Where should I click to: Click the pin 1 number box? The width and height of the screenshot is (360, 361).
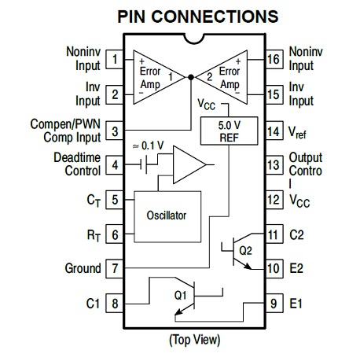(x=114, y=60)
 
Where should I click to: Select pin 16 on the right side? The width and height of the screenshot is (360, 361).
(x=274, y=60)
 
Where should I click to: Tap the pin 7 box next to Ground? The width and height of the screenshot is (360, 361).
(x=114, y=268)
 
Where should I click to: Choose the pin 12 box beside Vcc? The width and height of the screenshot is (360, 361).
(x=274, y=200)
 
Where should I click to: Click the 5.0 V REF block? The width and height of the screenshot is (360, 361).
(x=229, y=131)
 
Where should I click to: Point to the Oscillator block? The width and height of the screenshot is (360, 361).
(x=167, y=216)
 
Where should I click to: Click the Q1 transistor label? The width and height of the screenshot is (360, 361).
(x=180, y=296)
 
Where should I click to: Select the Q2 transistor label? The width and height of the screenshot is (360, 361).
(x=245, y=251)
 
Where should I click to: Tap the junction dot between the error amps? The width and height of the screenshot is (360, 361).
(x=191, y=77)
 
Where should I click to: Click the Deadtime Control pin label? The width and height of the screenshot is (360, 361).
(x=77, y=164)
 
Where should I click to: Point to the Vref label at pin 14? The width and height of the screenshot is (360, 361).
(x=297, y=132)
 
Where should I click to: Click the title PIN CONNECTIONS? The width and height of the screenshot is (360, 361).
(x=198, y=17)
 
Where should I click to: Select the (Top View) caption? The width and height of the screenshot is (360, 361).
(x=195, y=340)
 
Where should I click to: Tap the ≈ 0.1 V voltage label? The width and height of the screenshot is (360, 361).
(x=148, y=146)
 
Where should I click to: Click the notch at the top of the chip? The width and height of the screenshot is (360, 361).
(x=194, y=39)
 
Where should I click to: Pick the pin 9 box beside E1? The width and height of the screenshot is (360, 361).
(x=274, y=304)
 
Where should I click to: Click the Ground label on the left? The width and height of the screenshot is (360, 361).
(x=83, y=268)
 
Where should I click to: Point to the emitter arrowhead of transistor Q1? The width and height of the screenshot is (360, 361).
(x=178, y=311)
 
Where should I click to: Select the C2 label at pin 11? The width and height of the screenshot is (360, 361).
(x=296, y=235)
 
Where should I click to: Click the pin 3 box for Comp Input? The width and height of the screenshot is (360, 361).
(x=114, y=131)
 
